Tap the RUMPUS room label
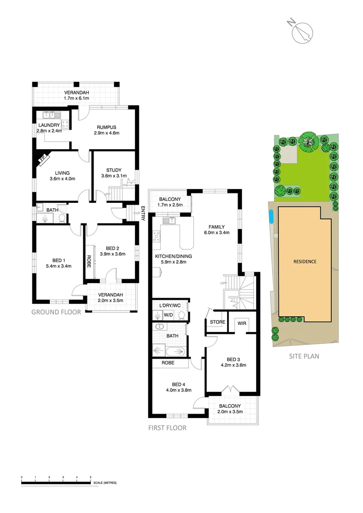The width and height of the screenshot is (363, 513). (x=106, y=127)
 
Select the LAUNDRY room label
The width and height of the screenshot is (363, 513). (x=49, y=125)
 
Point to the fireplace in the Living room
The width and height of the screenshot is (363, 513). (x=43, y=159)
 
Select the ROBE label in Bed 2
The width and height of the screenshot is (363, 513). (x=89, y=262)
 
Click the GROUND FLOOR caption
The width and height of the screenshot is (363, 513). (x=56, y=312)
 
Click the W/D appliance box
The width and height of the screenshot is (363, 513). (x=168, y=314)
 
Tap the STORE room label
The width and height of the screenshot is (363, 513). (x=218, y=322)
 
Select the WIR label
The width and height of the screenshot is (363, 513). (x=242, y=324)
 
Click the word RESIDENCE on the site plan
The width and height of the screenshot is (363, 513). (x=305, y=261)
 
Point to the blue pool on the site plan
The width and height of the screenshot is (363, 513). (x=270, y=218)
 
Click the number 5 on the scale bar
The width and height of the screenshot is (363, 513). (x=90, y=477)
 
